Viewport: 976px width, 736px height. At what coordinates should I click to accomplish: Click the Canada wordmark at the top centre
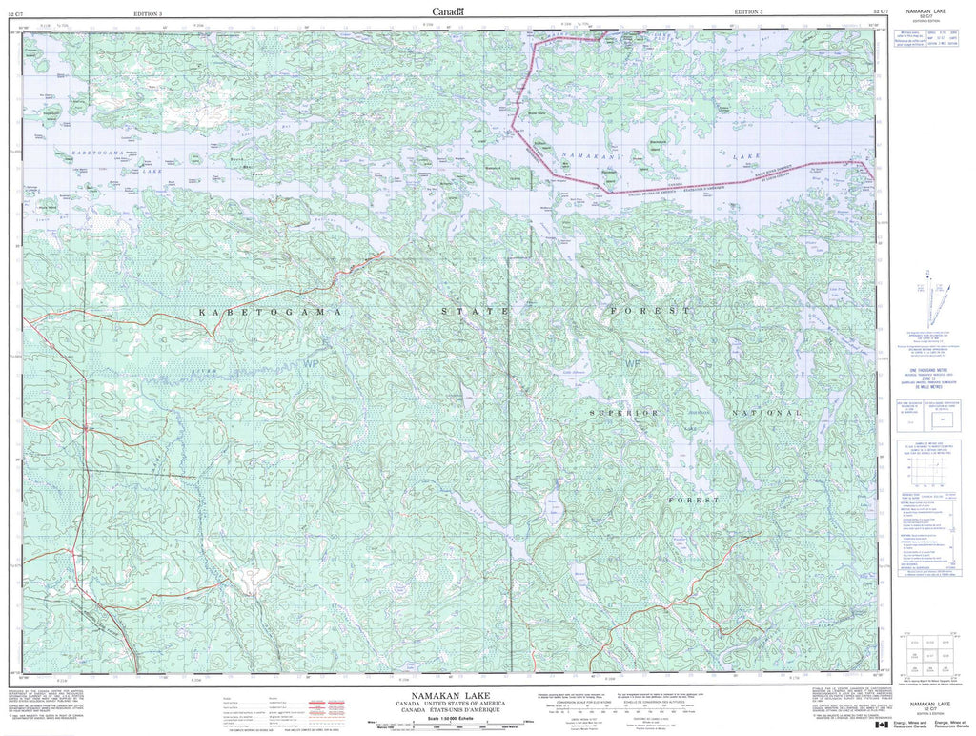click(447, 11)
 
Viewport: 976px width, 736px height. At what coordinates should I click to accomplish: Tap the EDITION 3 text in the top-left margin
click(149, 12)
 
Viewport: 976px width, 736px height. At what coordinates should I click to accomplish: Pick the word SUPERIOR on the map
click(624, 413)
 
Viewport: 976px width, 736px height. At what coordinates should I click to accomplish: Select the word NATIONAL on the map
click(766, 413)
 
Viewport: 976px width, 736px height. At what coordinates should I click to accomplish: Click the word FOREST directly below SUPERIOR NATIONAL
click(693, 500)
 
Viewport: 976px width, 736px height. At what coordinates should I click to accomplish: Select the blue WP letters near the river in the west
click(312, 363)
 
